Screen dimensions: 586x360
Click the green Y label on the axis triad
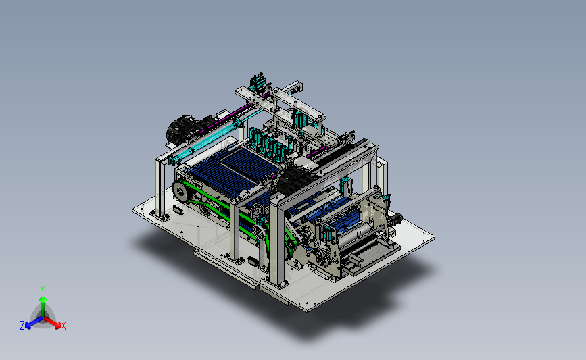[42, 290]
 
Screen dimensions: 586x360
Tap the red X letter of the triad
[63, 326]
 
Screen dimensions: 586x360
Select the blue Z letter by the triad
[22, 326]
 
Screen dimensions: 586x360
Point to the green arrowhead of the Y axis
[43, 299]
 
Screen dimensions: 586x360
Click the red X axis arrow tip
[57, 326]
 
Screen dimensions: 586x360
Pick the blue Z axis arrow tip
[28, 326]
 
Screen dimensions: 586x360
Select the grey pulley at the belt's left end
[180, 191]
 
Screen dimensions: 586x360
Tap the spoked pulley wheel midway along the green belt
[259, 234]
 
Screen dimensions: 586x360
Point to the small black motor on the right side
[396, 219]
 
